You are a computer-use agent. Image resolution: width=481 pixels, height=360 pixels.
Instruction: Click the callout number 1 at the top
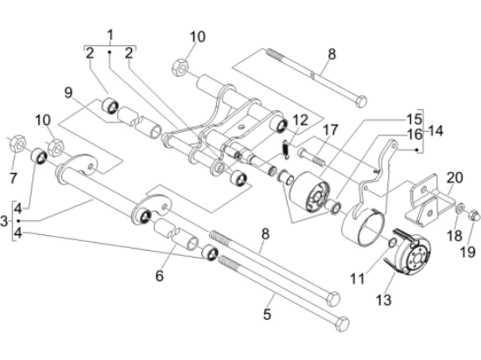coord(110,35)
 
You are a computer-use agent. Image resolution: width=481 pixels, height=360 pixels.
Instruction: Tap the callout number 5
coord(268,315)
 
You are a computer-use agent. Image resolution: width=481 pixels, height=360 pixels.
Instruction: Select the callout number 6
coord(159,276)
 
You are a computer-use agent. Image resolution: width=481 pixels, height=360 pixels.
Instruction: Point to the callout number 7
coord(13,178)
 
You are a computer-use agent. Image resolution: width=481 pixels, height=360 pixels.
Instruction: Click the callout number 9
coord(68,93)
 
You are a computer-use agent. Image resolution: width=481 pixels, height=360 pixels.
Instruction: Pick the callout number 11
coord(358,279)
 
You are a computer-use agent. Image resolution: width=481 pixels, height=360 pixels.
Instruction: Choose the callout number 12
coord(300,121)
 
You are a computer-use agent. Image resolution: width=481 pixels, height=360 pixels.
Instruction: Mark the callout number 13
coord(383,300)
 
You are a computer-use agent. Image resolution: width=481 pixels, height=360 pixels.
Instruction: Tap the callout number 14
coord(436,131)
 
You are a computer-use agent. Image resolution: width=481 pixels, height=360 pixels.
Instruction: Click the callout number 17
coord(331,130)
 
